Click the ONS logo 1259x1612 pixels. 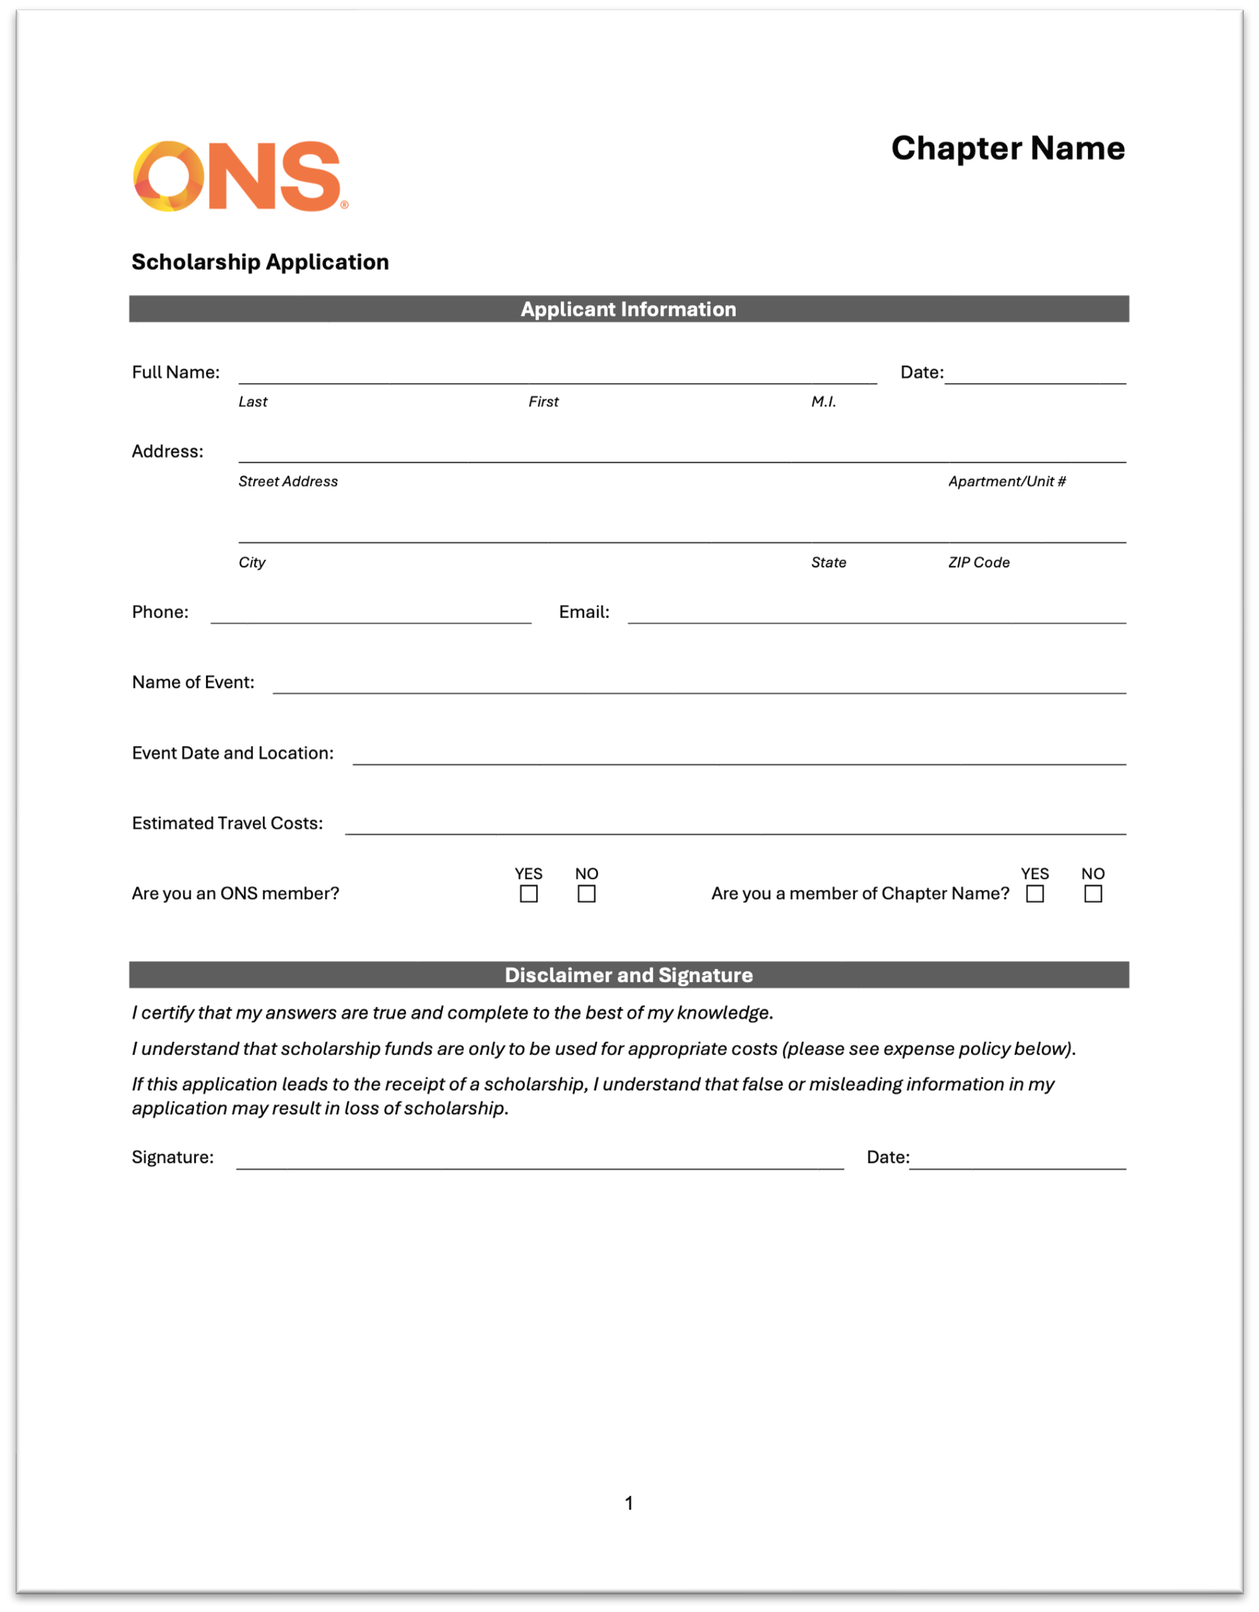(239, 176)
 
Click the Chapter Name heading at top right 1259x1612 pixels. (1008, 148)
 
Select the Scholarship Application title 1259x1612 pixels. (260, 262)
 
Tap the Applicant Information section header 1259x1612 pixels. (629, 310)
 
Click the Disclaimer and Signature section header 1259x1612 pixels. (629, 975)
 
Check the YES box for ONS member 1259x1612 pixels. (528, 894)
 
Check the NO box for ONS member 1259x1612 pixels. (587, 894)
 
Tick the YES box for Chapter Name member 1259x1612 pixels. (1035, 894)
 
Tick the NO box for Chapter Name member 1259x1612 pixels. (1093, 894)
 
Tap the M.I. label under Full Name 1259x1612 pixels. (824, 402)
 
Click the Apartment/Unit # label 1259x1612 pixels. (1006, 482)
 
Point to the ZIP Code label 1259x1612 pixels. (979, 562)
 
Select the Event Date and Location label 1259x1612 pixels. (232, 753)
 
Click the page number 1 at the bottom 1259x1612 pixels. (629, 1503)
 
